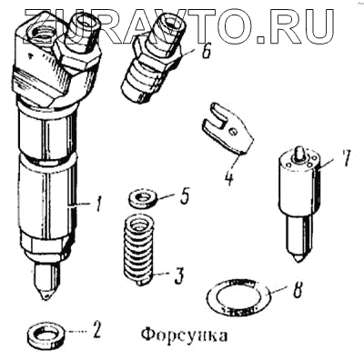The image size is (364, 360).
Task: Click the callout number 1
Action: [x=98, y=204]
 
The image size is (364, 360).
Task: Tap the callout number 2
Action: [x=96, y=330]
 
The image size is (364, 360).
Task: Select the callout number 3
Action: [x=179, y=275]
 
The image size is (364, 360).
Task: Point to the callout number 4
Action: [x=229, y=178]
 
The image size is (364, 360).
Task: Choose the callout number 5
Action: [x=184, y=195]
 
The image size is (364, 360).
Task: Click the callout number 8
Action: [x=298, y=289]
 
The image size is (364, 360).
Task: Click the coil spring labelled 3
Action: [x=139, y=249]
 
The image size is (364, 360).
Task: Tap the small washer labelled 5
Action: [x=142, y=199]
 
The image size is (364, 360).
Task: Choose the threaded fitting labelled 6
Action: [x=152, y=56]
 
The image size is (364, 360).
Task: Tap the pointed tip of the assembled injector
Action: [x=45, y=298]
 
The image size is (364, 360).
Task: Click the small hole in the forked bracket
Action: [x=233, y=132]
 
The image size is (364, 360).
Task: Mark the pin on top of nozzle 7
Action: [x=299, y=152]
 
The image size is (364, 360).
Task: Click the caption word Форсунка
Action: [x=184, y=335]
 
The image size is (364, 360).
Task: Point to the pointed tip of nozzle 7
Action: [x=298, y=261]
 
